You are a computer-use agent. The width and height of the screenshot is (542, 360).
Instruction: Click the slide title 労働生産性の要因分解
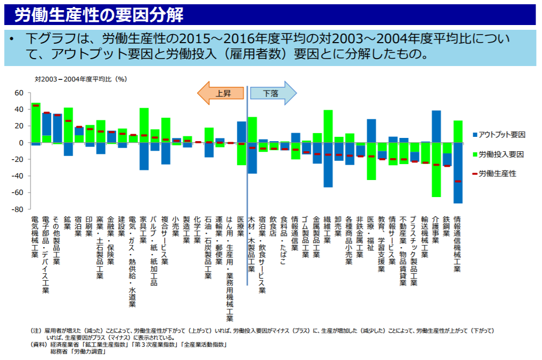click(x=98, y=15)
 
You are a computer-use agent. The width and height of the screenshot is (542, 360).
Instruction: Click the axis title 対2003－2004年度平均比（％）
click(x=80, y=79)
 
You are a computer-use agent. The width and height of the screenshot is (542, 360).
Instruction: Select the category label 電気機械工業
click(x=35, y=236)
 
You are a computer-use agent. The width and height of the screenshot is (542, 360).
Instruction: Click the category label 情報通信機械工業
click(x=457, y=243)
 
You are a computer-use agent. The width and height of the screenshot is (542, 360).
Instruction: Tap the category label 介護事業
click(x=436, y=230)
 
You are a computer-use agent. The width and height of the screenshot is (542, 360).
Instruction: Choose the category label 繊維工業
click(x=328, y=230)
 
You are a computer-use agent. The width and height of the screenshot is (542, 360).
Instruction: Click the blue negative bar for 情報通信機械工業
click(x=458, y=173)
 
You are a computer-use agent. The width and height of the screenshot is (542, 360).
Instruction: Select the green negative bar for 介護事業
click(x=436, y=169)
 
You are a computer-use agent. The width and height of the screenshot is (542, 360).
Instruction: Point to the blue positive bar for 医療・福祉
click(x=371, y=130)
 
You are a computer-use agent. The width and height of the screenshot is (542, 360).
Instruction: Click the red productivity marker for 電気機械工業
click(x=36, y=105)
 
